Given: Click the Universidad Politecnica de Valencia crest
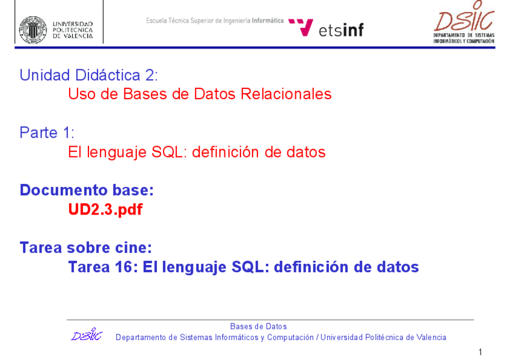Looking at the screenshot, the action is (x=33, y=29).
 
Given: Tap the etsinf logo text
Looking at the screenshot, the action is (x=341, y=30).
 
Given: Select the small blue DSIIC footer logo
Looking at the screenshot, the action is (x=87, y=334).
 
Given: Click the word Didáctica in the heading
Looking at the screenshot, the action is (x=108, y=75).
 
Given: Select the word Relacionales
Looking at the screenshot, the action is (x=286, y=94).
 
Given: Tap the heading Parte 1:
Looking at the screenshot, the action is (x=47, y=133).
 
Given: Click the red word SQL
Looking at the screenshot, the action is (x=169, y=152).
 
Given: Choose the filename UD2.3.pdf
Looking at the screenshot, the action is (x=105, y=210).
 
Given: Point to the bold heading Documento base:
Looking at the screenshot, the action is (x=87, y=190).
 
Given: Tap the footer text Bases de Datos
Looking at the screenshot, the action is (x=259, y=326).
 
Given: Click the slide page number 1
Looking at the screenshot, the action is (x=481, y=352).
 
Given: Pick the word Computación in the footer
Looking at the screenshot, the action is (x=290, y=338).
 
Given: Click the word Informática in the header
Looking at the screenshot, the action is (x=268, y=20).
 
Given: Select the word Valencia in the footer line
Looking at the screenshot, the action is (x=431, y=337).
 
